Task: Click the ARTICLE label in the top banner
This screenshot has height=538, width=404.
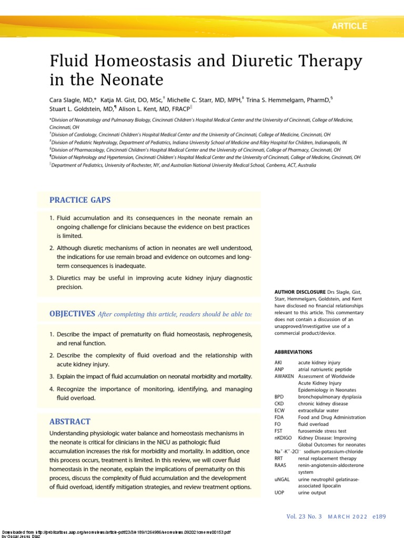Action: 349,26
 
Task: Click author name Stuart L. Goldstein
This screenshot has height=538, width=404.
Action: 74,109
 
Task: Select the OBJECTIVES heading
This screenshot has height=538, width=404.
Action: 72,314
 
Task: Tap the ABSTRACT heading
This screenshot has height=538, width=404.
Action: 69,421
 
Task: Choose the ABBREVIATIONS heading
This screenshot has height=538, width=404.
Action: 293,351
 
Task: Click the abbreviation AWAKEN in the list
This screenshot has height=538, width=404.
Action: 285,376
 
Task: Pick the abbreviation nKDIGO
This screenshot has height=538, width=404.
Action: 284,438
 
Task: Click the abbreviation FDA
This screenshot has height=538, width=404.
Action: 279,417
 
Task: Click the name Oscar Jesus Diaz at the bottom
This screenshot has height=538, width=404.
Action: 21,536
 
